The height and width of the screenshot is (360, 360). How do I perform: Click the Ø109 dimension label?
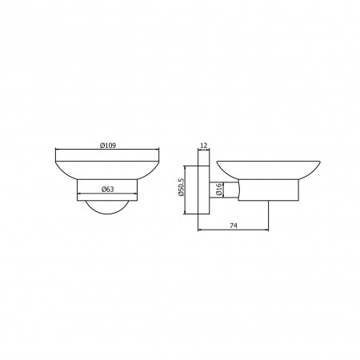tap(108, 146)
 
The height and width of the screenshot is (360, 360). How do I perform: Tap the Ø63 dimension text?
tap(108, 189)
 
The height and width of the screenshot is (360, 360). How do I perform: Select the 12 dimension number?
tap(203, 146)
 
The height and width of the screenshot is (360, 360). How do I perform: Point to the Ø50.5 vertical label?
tap(182, 187)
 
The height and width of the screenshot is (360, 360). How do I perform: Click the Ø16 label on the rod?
tap(219, 190)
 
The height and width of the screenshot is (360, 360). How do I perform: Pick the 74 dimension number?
tap(234, 226)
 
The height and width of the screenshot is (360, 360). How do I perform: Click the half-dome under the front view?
tap(107, 207)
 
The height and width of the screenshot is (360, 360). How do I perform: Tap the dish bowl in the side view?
tap(268, 170)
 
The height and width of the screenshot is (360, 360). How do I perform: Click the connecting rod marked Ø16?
tap(224, 190)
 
